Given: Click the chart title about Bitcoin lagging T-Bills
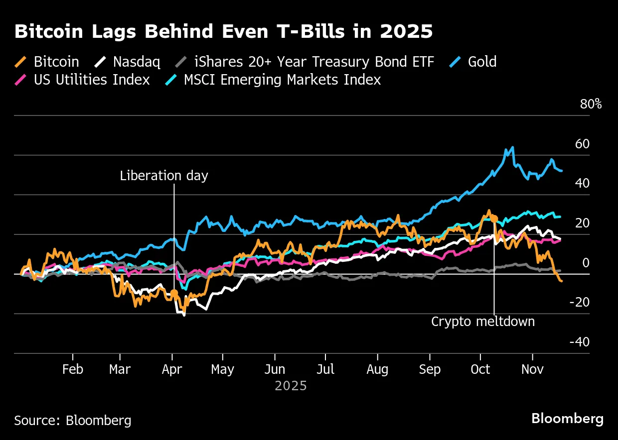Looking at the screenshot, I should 223,31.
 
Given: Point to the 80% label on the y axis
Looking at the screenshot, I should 591,105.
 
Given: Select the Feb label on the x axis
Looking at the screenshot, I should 73,370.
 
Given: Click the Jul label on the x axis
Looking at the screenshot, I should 325,370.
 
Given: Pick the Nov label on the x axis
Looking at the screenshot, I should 532,370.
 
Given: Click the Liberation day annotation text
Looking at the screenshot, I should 164,176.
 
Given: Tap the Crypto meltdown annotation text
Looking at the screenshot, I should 483,322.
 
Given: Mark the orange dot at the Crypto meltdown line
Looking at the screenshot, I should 494,218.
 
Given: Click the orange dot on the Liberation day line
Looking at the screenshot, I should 173,293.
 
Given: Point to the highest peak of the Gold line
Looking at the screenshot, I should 512,147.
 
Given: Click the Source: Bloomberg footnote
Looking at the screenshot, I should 73,421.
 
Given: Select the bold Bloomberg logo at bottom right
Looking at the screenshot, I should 567,419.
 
